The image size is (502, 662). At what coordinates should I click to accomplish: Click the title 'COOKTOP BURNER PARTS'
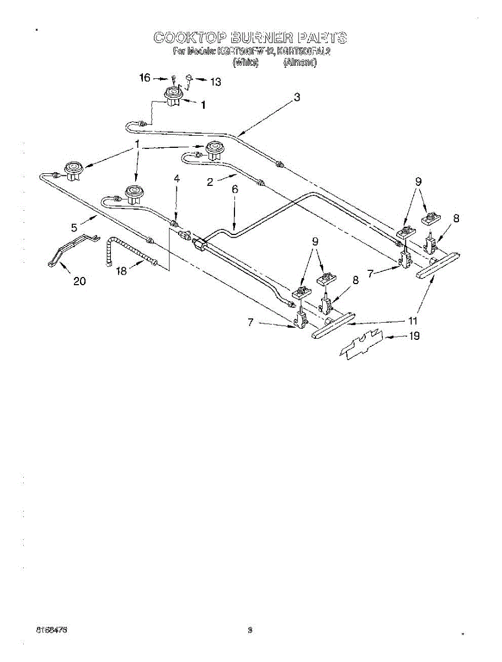pyautogui.click(x=250, y=38)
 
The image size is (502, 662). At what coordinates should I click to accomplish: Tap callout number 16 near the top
pyautogui.click(x=145, y=78)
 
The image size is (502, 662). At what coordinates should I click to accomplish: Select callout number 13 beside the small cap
pyautogui.click(x=215, y=82)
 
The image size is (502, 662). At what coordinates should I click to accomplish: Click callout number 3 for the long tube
pyautogui.click(x=297, y=98)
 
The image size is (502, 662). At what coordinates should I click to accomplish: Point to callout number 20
pyautogui.click(x=80, y=281)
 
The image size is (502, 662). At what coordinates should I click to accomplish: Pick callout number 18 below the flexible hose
pyautogui.click(x=122, y=271)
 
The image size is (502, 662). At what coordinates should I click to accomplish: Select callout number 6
pyautogui.click(x=234, y=189)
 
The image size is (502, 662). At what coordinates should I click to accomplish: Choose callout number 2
pyautogui.click(x=210, y=183)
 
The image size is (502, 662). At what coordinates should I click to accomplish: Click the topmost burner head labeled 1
pyautogui.click(x=174, y=97)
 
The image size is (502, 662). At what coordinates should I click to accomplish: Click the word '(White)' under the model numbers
pyautogui.click(x=245, y=63)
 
